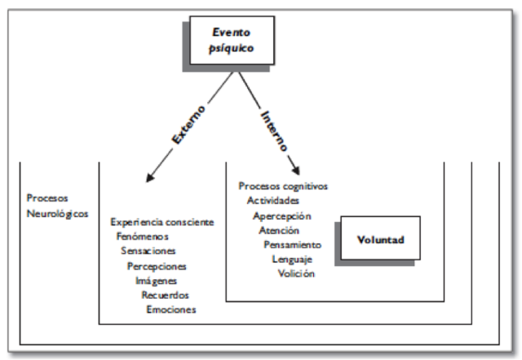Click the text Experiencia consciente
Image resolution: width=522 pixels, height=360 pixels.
161,222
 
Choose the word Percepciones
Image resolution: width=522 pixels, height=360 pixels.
157,266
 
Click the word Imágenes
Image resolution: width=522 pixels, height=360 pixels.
156,280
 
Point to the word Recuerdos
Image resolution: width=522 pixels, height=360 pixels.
166,294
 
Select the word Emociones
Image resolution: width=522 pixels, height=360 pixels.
171,309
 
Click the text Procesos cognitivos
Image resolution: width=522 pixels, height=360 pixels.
283,185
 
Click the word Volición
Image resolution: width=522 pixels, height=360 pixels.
297,273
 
